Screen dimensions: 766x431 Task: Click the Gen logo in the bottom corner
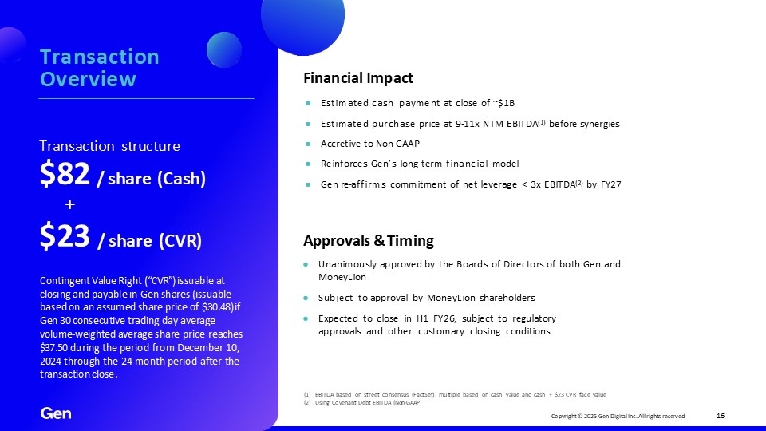point(56,413)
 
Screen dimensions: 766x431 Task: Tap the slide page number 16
point(721,416)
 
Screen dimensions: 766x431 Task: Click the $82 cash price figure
point(65,174)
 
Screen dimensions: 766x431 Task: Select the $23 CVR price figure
point(65,236)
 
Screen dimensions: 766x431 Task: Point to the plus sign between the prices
point(70,204)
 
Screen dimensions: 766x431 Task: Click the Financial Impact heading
point(358,78)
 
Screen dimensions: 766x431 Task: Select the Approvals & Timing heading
point(369,241)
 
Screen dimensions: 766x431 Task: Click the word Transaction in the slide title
point(99,57)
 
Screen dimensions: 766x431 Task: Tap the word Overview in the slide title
point(88,79)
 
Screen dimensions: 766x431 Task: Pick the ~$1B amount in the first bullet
point(503,103)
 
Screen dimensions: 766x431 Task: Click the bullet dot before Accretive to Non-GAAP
point(308,144)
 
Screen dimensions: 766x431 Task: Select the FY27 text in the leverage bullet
point(610,184)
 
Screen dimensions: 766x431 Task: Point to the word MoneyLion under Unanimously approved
point(342,277)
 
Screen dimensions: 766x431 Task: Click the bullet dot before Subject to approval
point(306,298)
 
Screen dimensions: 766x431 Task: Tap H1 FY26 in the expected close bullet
point(436,318)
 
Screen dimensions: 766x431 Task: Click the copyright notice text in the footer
point(618,417)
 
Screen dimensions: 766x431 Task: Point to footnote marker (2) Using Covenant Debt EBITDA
point(306,402)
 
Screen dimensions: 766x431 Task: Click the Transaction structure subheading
point(109,146)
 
